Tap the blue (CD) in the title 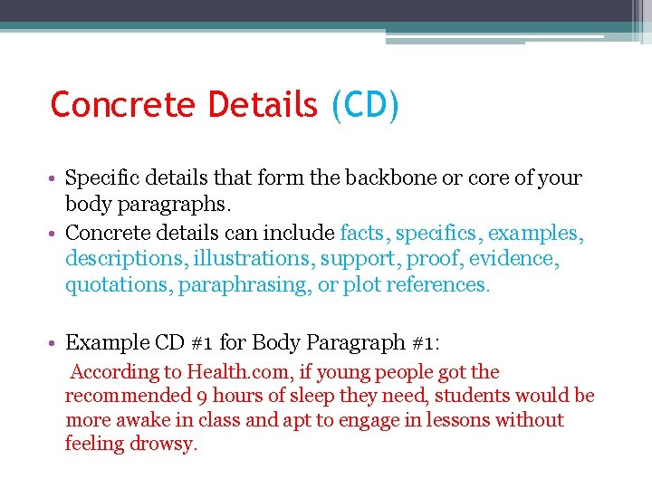pyautogui.click(x=364, y=105)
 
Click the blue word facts pyautogui.click(x=364, y=234)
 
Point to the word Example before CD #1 pyautogui.click(x=107, y=343)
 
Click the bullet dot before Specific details pyautogui.click(x=55, y=179)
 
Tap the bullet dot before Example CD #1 pyautogui.click(x=55, y=344)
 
